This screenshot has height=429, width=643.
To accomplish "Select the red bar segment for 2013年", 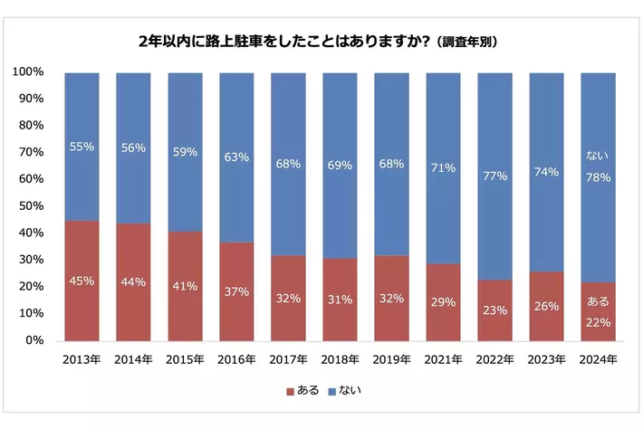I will (82, 281).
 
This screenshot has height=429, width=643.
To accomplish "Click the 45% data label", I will (82, 281).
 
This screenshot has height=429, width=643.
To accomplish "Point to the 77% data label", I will (495, 176).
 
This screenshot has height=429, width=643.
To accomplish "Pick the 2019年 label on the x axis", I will (392, 359).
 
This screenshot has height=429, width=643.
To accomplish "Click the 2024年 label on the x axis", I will (599, 359).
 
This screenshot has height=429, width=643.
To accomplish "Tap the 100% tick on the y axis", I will (30, 71).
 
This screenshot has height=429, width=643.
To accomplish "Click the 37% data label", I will (236, 291).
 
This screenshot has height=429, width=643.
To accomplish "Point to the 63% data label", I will (236, 157).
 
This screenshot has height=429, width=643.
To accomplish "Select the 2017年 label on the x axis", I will (289, 359).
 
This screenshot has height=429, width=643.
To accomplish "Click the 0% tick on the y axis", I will (35, 340).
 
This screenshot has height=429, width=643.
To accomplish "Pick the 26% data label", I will (547, 306).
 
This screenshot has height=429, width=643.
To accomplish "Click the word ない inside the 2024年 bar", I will (599, 156).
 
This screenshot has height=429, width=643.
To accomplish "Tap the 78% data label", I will (599, 177).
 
